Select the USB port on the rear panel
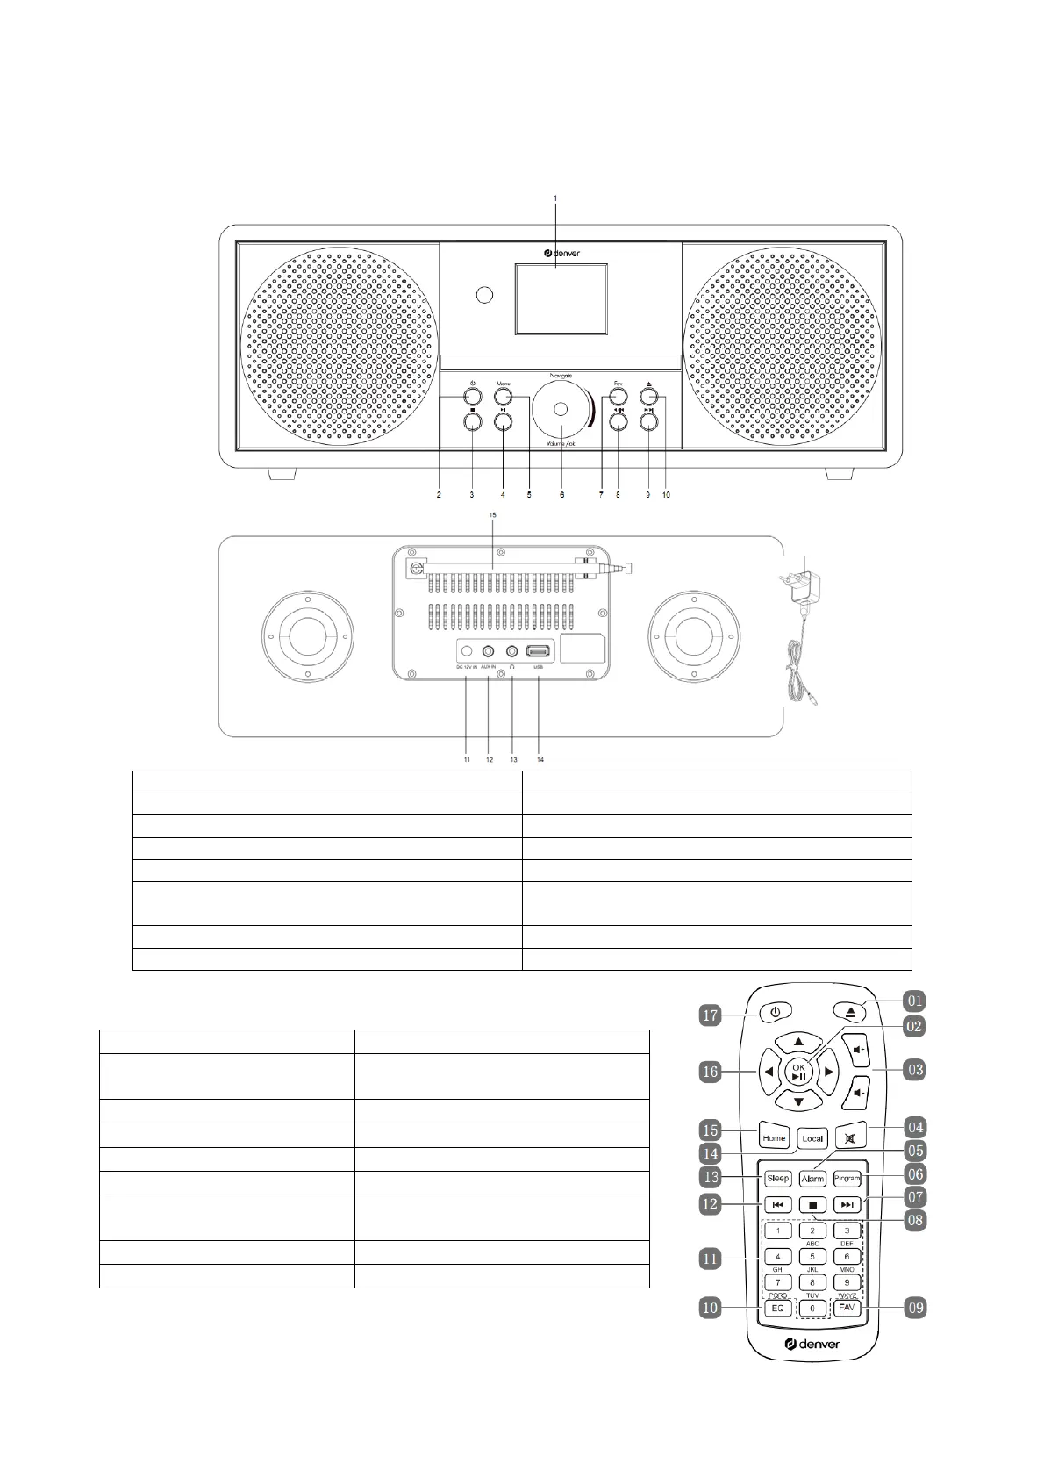538,652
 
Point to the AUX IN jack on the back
489,652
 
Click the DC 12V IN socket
467,652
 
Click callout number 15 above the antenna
492,538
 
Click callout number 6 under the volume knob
561,495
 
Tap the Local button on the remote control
812,1138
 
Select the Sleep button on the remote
777,1178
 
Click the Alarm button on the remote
812,1179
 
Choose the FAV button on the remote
847,1308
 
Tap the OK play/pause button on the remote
798,1072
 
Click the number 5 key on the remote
812,1257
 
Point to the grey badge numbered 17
711,1015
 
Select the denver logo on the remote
812,1344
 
